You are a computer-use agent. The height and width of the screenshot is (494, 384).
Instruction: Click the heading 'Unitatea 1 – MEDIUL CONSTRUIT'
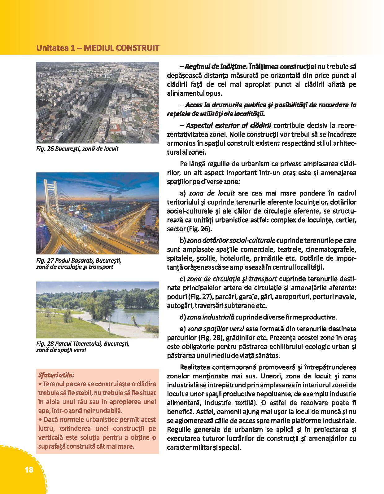(x=98, y=48)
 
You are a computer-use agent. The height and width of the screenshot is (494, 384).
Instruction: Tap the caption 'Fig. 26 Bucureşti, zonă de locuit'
(x=77, y=149)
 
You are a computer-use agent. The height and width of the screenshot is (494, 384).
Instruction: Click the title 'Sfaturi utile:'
(x=56, y=375)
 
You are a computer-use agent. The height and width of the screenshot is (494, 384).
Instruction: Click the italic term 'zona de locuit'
(x=212, y=193)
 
